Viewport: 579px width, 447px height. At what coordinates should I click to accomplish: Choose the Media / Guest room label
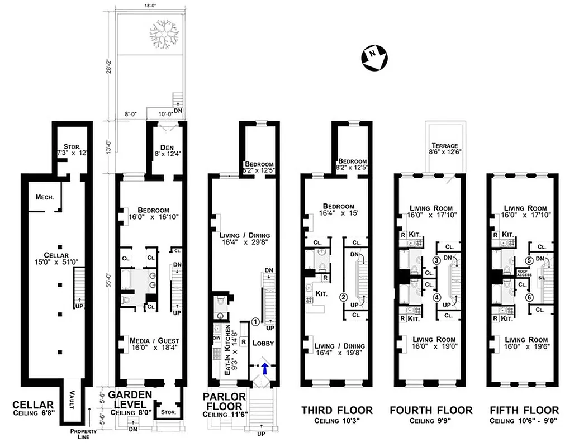pos(149,340)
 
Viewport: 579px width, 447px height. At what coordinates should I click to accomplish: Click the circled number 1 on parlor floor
pos(255,321)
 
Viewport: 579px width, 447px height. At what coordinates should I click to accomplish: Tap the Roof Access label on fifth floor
pos(523,273)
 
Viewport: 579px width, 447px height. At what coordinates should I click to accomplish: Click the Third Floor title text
pos(336,411)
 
